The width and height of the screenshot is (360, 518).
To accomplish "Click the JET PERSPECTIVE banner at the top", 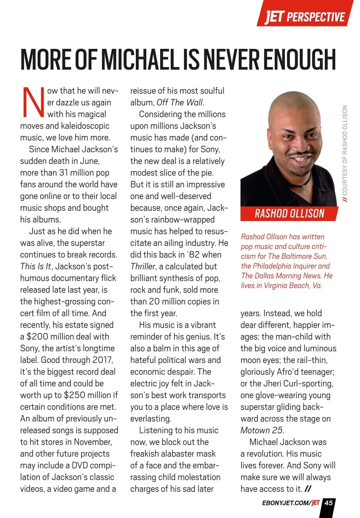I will (x=304, y=16).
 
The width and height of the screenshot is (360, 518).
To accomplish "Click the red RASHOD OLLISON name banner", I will (x=289, y=214).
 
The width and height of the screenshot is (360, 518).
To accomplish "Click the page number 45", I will (x=328, y=503).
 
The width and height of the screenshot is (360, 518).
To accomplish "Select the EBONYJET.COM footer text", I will (x=286, y=503).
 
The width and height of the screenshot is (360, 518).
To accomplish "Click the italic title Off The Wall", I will (x=180, y=102).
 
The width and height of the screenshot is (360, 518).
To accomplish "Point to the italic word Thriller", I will (x=142, y=266).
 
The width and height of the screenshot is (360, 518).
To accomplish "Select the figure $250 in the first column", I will (x=77, y=395).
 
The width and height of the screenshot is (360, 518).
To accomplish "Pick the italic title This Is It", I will (x=36, y=266).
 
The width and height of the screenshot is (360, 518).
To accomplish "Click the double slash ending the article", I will (x=308, y=489).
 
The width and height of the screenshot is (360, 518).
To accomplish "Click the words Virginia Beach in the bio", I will (x=288, y=285).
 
